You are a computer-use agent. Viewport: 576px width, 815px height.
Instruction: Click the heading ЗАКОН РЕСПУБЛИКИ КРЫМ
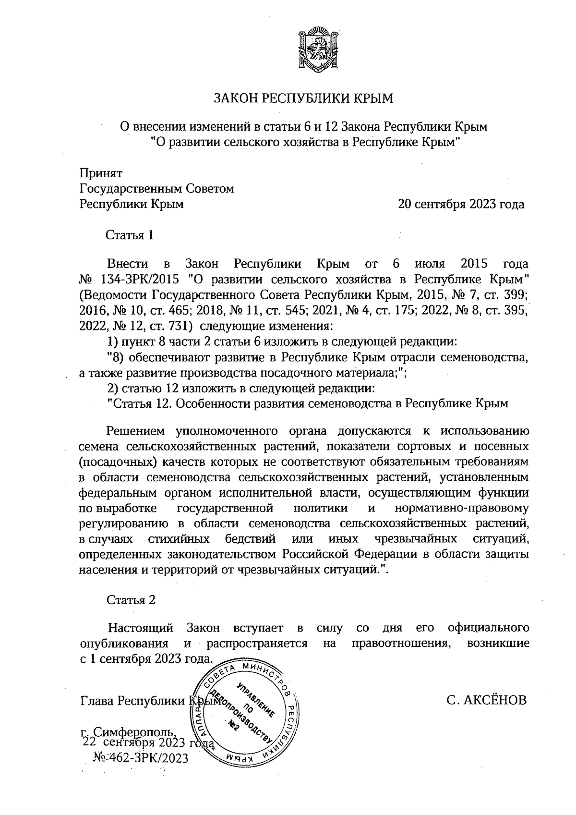pyautogui.click(x=303, y=99)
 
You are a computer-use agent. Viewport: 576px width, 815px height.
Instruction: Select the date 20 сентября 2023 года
pyautogui.click(x=461, y=204)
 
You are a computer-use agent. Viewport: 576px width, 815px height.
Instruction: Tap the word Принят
pyautogui.click(x=101, y=173)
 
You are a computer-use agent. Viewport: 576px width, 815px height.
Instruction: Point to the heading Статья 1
pyautogui.click(x=130, y=235)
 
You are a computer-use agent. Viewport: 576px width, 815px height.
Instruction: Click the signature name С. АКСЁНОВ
pyautogui.click(x=486, y=700)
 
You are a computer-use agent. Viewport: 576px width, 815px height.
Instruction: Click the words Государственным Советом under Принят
pyautogui.click(x=156, y=189)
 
